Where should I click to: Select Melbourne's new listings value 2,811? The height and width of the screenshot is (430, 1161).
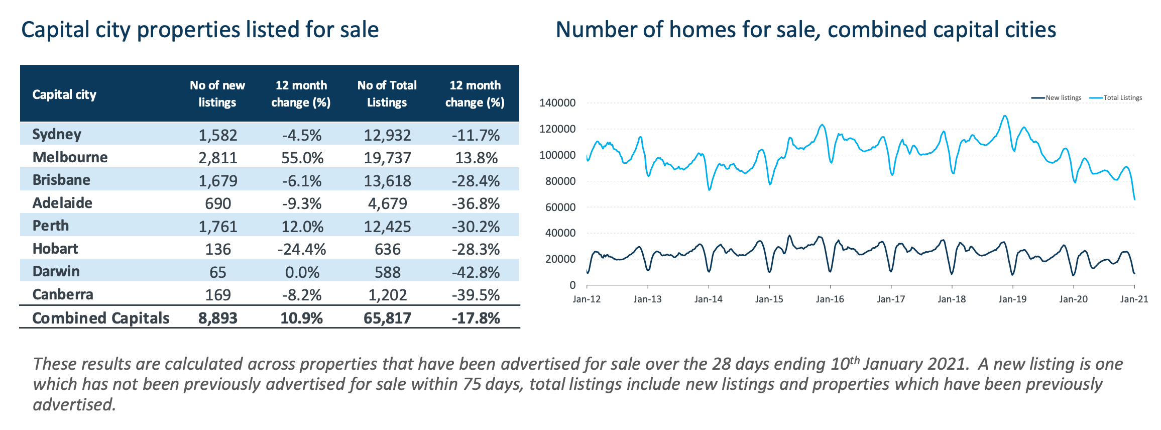click(217, 158)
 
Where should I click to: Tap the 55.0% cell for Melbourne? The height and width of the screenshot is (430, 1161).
click(302, 158)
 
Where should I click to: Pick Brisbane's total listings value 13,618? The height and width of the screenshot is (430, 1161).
click(387, 181)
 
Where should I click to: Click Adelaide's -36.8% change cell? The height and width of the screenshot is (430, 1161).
click(475, 203)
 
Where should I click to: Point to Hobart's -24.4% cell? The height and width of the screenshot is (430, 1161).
click(302, 249)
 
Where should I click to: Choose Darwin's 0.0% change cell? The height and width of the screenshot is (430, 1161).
click(302, 272)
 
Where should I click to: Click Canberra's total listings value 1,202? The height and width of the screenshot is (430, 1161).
click(387, 295)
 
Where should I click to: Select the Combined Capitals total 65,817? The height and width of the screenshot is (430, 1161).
click(387, 318)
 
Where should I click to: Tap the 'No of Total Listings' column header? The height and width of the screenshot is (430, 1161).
click(387, 94)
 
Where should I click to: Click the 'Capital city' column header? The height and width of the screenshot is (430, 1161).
click(64, 94)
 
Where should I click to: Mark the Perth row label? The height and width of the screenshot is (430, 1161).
click(51, 226)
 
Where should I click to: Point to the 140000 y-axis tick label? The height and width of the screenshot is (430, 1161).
click(557, 103)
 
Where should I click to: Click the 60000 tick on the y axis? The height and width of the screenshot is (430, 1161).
click(560, 207)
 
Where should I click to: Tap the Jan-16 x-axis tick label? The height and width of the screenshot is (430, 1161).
click(830, 299)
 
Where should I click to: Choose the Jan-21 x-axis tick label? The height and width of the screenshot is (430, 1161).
click(1134, 299)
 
